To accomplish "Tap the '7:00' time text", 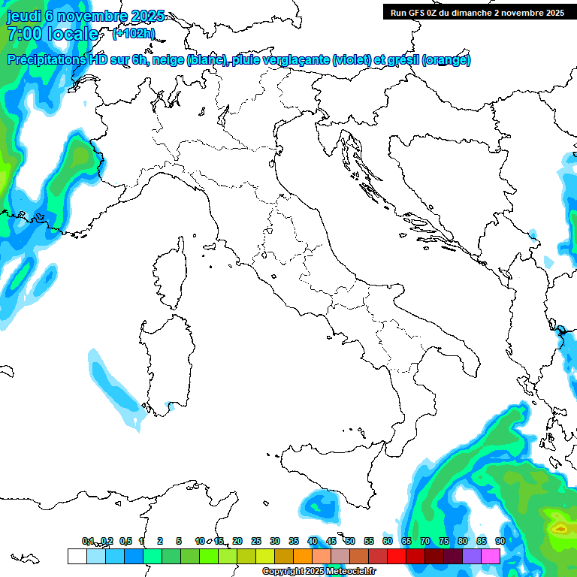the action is coord(23,34).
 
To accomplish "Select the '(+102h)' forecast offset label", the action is coord(134,33).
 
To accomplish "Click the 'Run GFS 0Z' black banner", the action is coord(475,12).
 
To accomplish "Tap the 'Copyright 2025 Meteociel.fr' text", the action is coord(319,572).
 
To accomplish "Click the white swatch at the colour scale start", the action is coord(77,556).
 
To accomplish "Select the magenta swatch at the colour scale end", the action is coord(491,556).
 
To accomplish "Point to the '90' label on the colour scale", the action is coord(500,541).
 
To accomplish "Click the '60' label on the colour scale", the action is coord(387,541).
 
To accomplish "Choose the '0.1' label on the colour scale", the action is coord(88,541).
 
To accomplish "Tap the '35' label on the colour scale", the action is coord(293,541).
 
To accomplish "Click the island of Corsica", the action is coord(171,274).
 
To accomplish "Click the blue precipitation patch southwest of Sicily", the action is coord(322,504).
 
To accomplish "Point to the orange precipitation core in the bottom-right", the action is coord(559,528).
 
